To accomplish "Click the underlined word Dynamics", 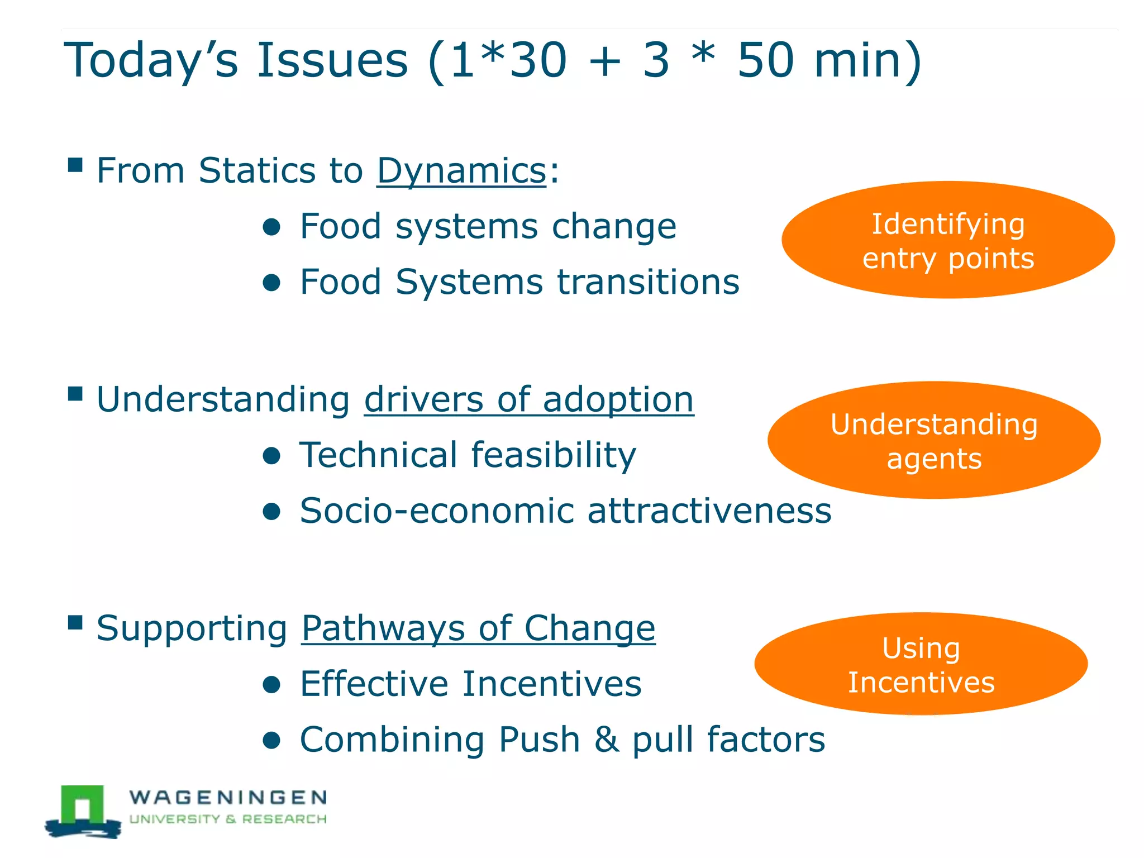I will click(461, 170).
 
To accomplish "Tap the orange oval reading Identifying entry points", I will click(948, 240).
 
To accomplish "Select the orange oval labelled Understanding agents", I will click(934, 441).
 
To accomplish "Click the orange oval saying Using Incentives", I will click(921, 664).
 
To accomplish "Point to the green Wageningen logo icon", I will click(83, 811).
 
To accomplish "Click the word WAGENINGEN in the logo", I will click(228, 797).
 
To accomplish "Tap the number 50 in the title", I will click(765, 60).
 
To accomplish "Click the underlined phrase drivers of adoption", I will click(528, 399).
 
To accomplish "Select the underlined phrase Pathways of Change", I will click(478, 628).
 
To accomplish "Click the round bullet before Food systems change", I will click(271, 227).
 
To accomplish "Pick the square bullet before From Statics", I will click(75, 165).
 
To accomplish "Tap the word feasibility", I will click(554, 455).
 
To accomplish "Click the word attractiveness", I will click(709, 511).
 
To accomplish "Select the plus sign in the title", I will click(604, 61).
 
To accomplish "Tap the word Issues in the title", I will click(332, 60).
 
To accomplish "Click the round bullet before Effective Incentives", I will click(271, 685).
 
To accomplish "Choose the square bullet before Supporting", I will click(75, 622).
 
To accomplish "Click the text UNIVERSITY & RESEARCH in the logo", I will click(228, 819).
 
